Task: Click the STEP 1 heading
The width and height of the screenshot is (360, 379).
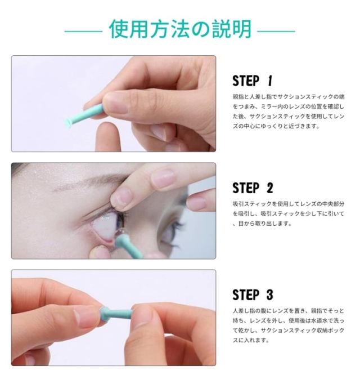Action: coord(253,81)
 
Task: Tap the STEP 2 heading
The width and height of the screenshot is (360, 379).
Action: coord(253,188)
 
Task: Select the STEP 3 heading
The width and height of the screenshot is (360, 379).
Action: coord(253,295)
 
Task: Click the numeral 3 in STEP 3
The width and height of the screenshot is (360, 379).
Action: coord(269,295)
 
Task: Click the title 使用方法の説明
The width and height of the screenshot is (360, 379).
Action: coord(180,29)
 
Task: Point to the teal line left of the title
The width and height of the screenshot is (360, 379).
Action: coord(83,31)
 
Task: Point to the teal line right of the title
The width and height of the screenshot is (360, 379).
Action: coord(276,31)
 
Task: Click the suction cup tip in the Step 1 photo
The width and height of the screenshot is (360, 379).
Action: coord(69,123)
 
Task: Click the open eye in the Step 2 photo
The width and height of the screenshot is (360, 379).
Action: coord(109,225)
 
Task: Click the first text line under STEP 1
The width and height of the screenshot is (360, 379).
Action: coord(289,97)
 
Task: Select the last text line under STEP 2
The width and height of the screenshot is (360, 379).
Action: coord(262,224)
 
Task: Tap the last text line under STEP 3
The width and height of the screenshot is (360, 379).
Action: coord(251,340)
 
